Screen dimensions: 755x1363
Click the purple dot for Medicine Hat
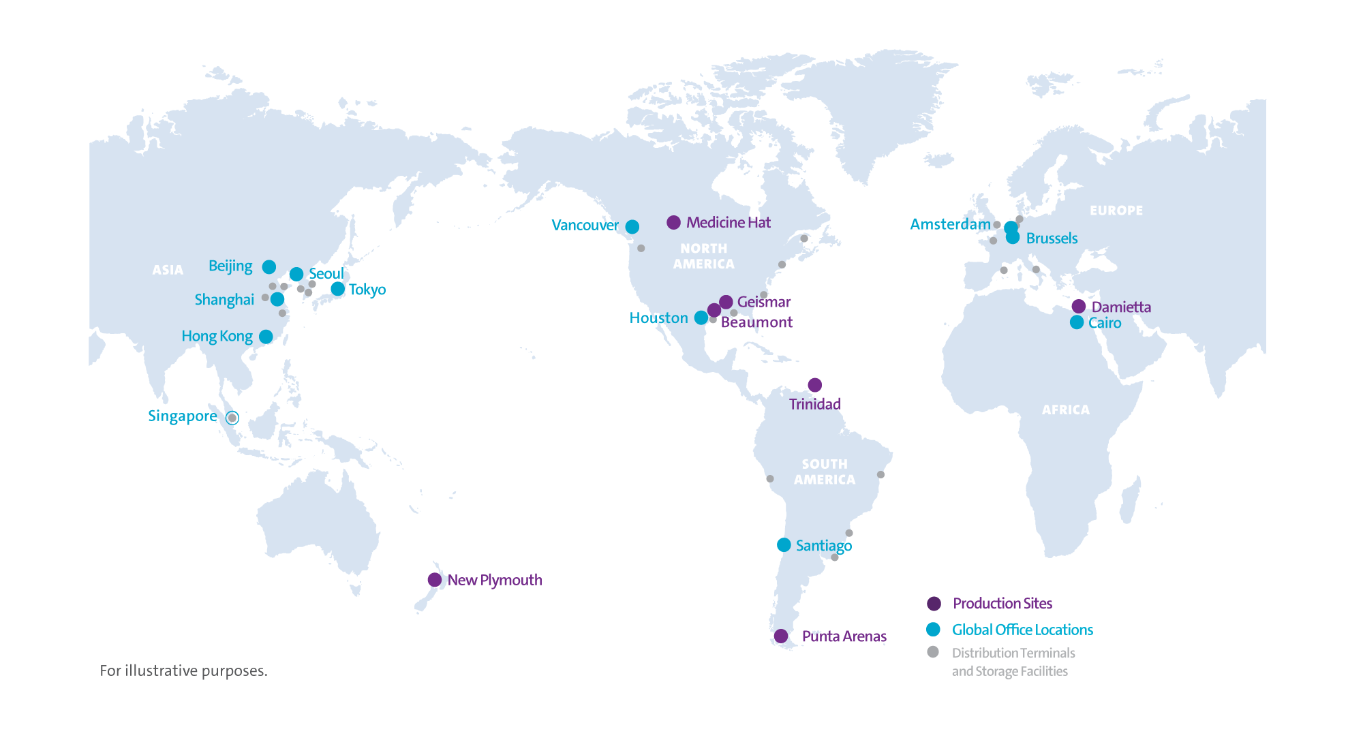click(x=673, y=222)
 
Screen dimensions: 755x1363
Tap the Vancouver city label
click(x=585, y=226)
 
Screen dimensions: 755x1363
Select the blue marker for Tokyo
click(x=337, y=289)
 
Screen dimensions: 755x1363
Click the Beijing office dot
click(x=269, y=267)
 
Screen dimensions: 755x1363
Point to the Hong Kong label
click(x=217, y=337)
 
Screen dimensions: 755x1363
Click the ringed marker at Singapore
click(x=232, y=418)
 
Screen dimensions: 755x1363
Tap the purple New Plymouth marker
click(x=434, y=580)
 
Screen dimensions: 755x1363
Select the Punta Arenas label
click(x=844, y=636)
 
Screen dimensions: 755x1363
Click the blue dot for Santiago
click(x=784, y=545)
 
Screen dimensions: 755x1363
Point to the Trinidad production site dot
click(x=814, y=385)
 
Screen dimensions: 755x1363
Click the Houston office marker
click(x=701, y=318)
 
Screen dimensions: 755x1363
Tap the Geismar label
click(x=763, y=302)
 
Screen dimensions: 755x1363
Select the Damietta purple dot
click(x=1078, y=307)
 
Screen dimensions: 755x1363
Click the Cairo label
click(x=1104, y=323)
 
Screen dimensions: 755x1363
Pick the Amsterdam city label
click(x=950, y=224)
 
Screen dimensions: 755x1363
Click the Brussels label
click(x=1052, y=238)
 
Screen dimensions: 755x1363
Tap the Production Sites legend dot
click(x=934, y=603)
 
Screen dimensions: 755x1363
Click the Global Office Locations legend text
click(x=1022, y=630)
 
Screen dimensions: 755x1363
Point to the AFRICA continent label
click(x=1065, y=410)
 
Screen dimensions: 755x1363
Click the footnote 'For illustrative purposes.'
click(x=183, y=671)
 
